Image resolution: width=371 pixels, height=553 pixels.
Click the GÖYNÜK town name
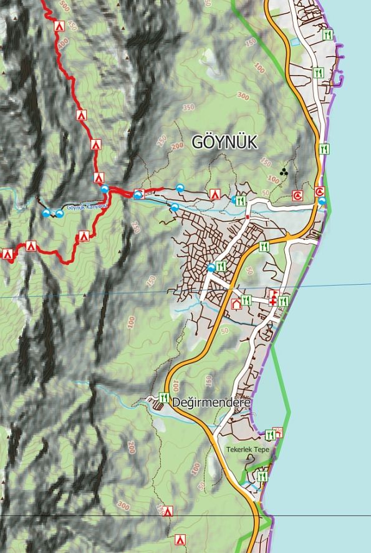coord(224,142)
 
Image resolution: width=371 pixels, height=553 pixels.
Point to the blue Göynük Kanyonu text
coord(87,207)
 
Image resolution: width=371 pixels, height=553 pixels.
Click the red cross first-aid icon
coord(272,301)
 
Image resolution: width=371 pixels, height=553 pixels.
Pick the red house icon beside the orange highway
coord(236,305)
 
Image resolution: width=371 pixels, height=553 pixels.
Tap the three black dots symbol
coord(284,170)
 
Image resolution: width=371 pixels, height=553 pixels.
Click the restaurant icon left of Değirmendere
coord(164,397)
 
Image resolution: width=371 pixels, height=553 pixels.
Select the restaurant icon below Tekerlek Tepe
coord(262,476)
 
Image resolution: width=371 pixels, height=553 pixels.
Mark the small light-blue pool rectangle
coord(294,41)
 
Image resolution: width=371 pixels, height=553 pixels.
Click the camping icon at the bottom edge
coord(181,539)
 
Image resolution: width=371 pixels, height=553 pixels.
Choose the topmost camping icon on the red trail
coord(59,26)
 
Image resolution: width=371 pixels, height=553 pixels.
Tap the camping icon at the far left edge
coord(8,254)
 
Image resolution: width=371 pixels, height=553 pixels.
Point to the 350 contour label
coord(189,107)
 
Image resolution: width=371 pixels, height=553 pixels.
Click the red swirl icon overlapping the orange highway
coord(320,192)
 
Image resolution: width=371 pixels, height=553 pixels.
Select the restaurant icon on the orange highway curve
coord(264,247)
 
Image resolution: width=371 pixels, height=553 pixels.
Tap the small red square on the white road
coord(248,217)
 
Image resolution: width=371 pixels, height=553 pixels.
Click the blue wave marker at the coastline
coord(322,201)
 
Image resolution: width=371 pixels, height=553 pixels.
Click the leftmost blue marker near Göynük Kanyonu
coord(47,213)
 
